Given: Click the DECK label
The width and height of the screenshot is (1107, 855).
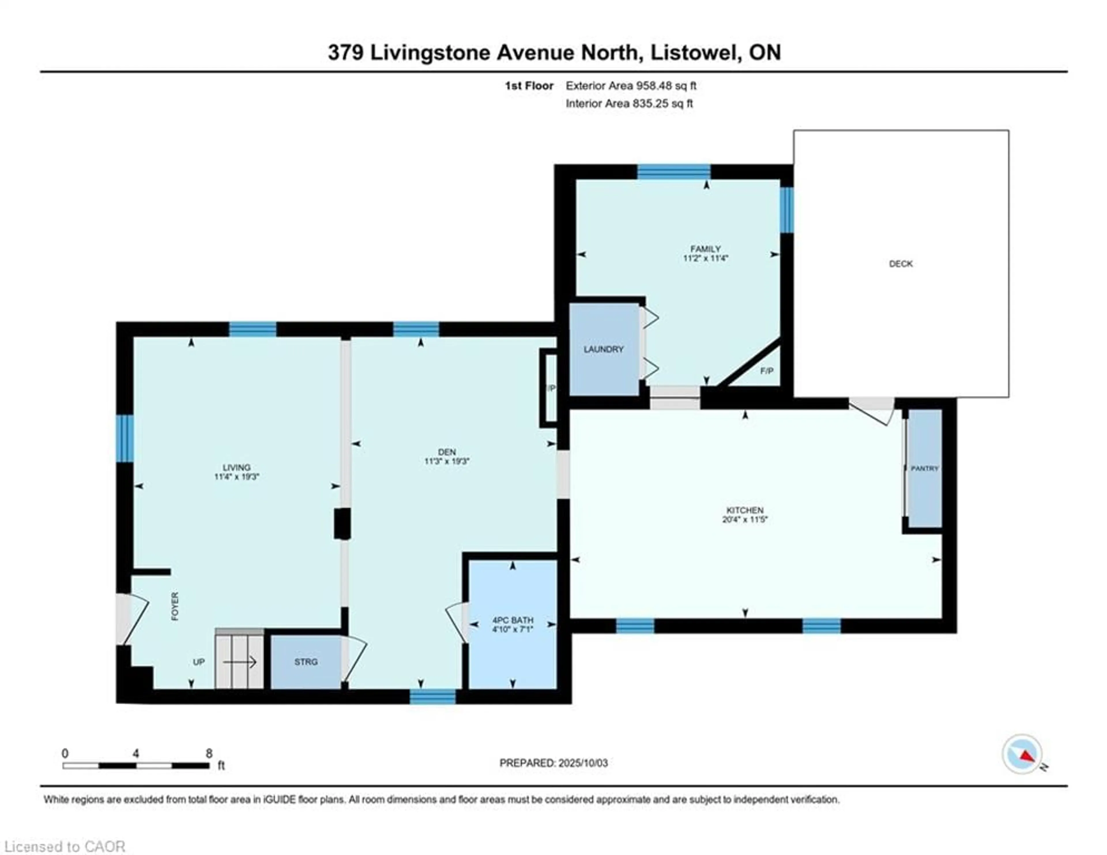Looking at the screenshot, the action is (x=901, y=264).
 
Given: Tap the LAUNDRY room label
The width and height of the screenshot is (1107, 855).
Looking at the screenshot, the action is (x=603, y=349).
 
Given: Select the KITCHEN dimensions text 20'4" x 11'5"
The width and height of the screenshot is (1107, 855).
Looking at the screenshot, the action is (x=745, y=519).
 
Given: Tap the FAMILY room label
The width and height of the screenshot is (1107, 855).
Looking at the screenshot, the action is (x=705, y=249).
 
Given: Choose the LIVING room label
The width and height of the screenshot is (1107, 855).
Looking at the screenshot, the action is (x=237, y=468).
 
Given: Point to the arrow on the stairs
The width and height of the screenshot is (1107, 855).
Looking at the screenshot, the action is (x=240, y=662).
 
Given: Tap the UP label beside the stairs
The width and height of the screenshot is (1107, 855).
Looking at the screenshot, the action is (x=199, y=662).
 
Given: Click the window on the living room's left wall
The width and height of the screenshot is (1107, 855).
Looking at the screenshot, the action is (x=125, y=439).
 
